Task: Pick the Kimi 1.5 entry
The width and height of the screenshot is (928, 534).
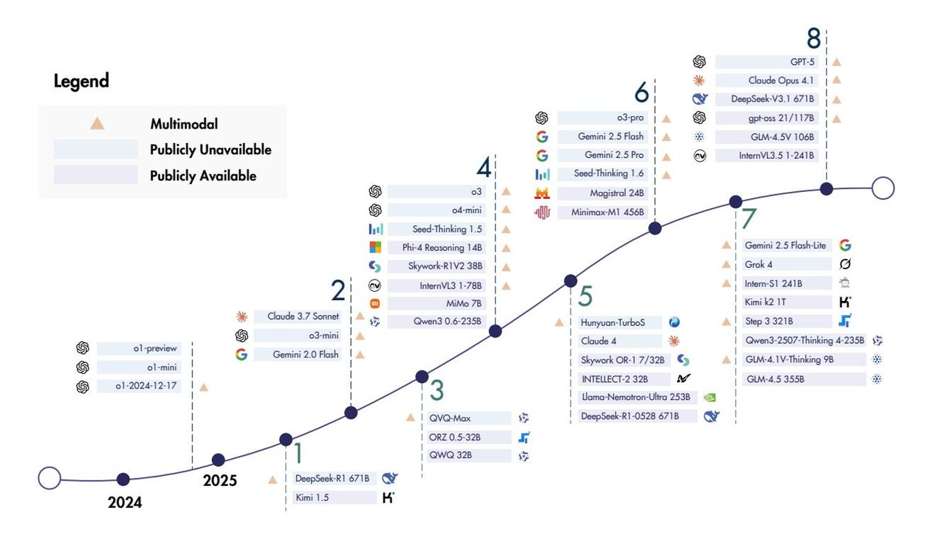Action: pos(312,498)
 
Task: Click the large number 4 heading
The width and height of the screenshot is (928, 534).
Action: pos(483,168)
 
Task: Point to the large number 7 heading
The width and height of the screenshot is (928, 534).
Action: pos(749,219)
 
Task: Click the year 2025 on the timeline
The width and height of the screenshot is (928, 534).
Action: pos(220,481)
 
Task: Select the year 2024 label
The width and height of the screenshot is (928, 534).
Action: pos(125,502)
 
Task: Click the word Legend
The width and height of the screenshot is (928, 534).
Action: pos(81,81)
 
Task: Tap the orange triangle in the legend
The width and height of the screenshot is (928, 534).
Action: pos(97,123)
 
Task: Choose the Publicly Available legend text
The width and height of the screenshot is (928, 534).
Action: pos(203,176)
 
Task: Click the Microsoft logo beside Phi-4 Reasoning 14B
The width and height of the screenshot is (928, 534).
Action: pos(376,248)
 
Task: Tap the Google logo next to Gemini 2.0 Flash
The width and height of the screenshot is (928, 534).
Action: pos(241,354)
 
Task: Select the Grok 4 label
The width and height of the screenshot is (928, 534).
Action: pos(761,264)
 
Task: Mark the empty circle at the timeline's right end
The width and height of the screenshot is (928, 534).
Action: pos(882,188)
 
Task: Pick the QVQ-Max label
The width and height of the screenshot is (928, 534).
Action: pos(451,418)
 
